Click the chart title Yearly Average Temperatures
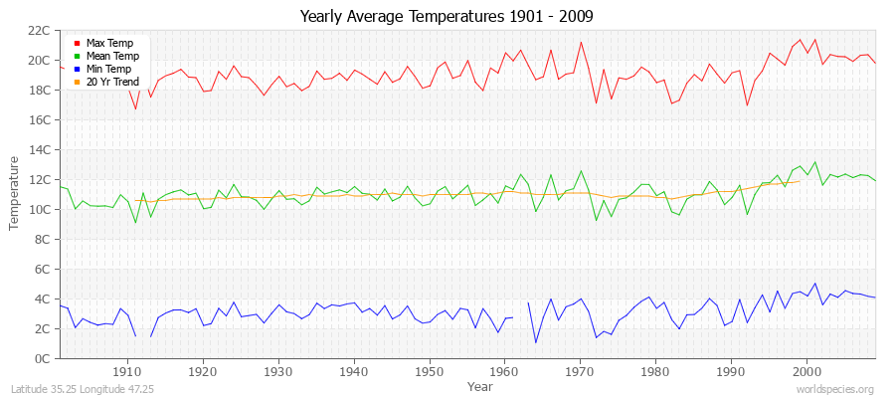coord(447,17)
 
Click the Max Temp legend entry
coord(108,44)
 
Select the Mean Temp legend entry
coord(110,57)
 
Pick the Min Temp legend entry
coord(108,70)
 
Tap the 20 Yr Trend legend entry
coord(111,82)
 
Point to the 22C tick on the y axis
coord(39,30)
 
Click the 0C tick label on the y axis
coord(43,358)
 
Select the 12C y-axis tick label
coord(39,179)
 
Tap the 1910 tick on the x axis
coord(127,371)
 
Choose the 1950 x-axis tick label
coord(429,371)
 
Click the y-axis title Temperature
coord(15,194)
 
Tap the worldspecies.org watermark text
coord(836,389)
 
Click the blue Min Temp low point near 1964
coord(536,342)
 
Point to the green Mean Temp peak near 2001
coord(814,162)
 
